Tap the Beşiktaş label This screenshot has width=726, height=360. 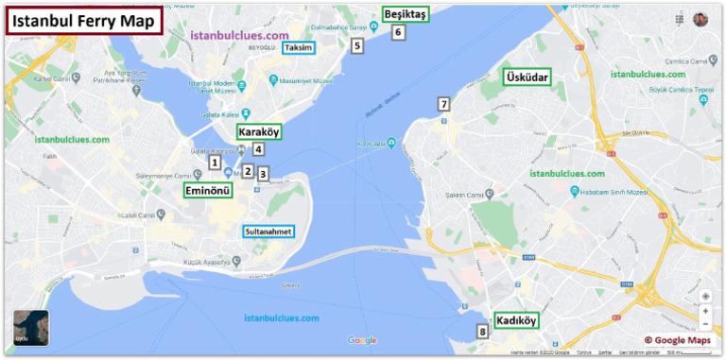pos(406,14)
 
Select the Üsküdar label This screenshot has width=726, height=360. pos(527,77)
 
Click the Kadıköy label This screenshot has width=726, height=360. pos(516,320)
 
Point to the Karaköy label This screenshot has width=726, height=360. pos(258,132)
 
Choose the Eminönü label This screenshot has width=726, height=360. pos(207,190)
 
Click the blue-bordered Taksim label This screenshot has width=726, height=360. pos(302,47)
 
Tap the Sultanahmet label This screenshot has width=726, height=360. pos(268,231)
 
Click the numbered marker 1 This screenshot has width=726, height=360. pos(215,163)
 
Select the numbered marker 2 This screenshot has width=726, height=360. pos(248,171)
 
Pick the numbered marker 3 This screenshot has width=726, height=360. pos(263,174)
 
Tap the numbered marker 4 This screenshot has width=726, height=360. pos(257,148)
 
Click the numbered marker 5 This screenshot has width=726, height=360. pos(356,44)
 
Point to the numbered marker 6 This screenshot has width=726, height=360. pos(398,32)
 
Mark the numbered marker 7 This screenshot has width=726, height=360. pos(442,104)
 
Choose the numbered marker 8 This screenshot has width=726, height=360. pos(482,332)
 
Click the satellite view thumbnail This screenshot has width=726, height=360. pos(31,328)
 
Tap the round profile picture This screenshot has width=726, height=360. pos(700,19)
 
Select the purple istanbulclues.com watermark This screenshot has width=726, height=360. pos(239,35)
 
